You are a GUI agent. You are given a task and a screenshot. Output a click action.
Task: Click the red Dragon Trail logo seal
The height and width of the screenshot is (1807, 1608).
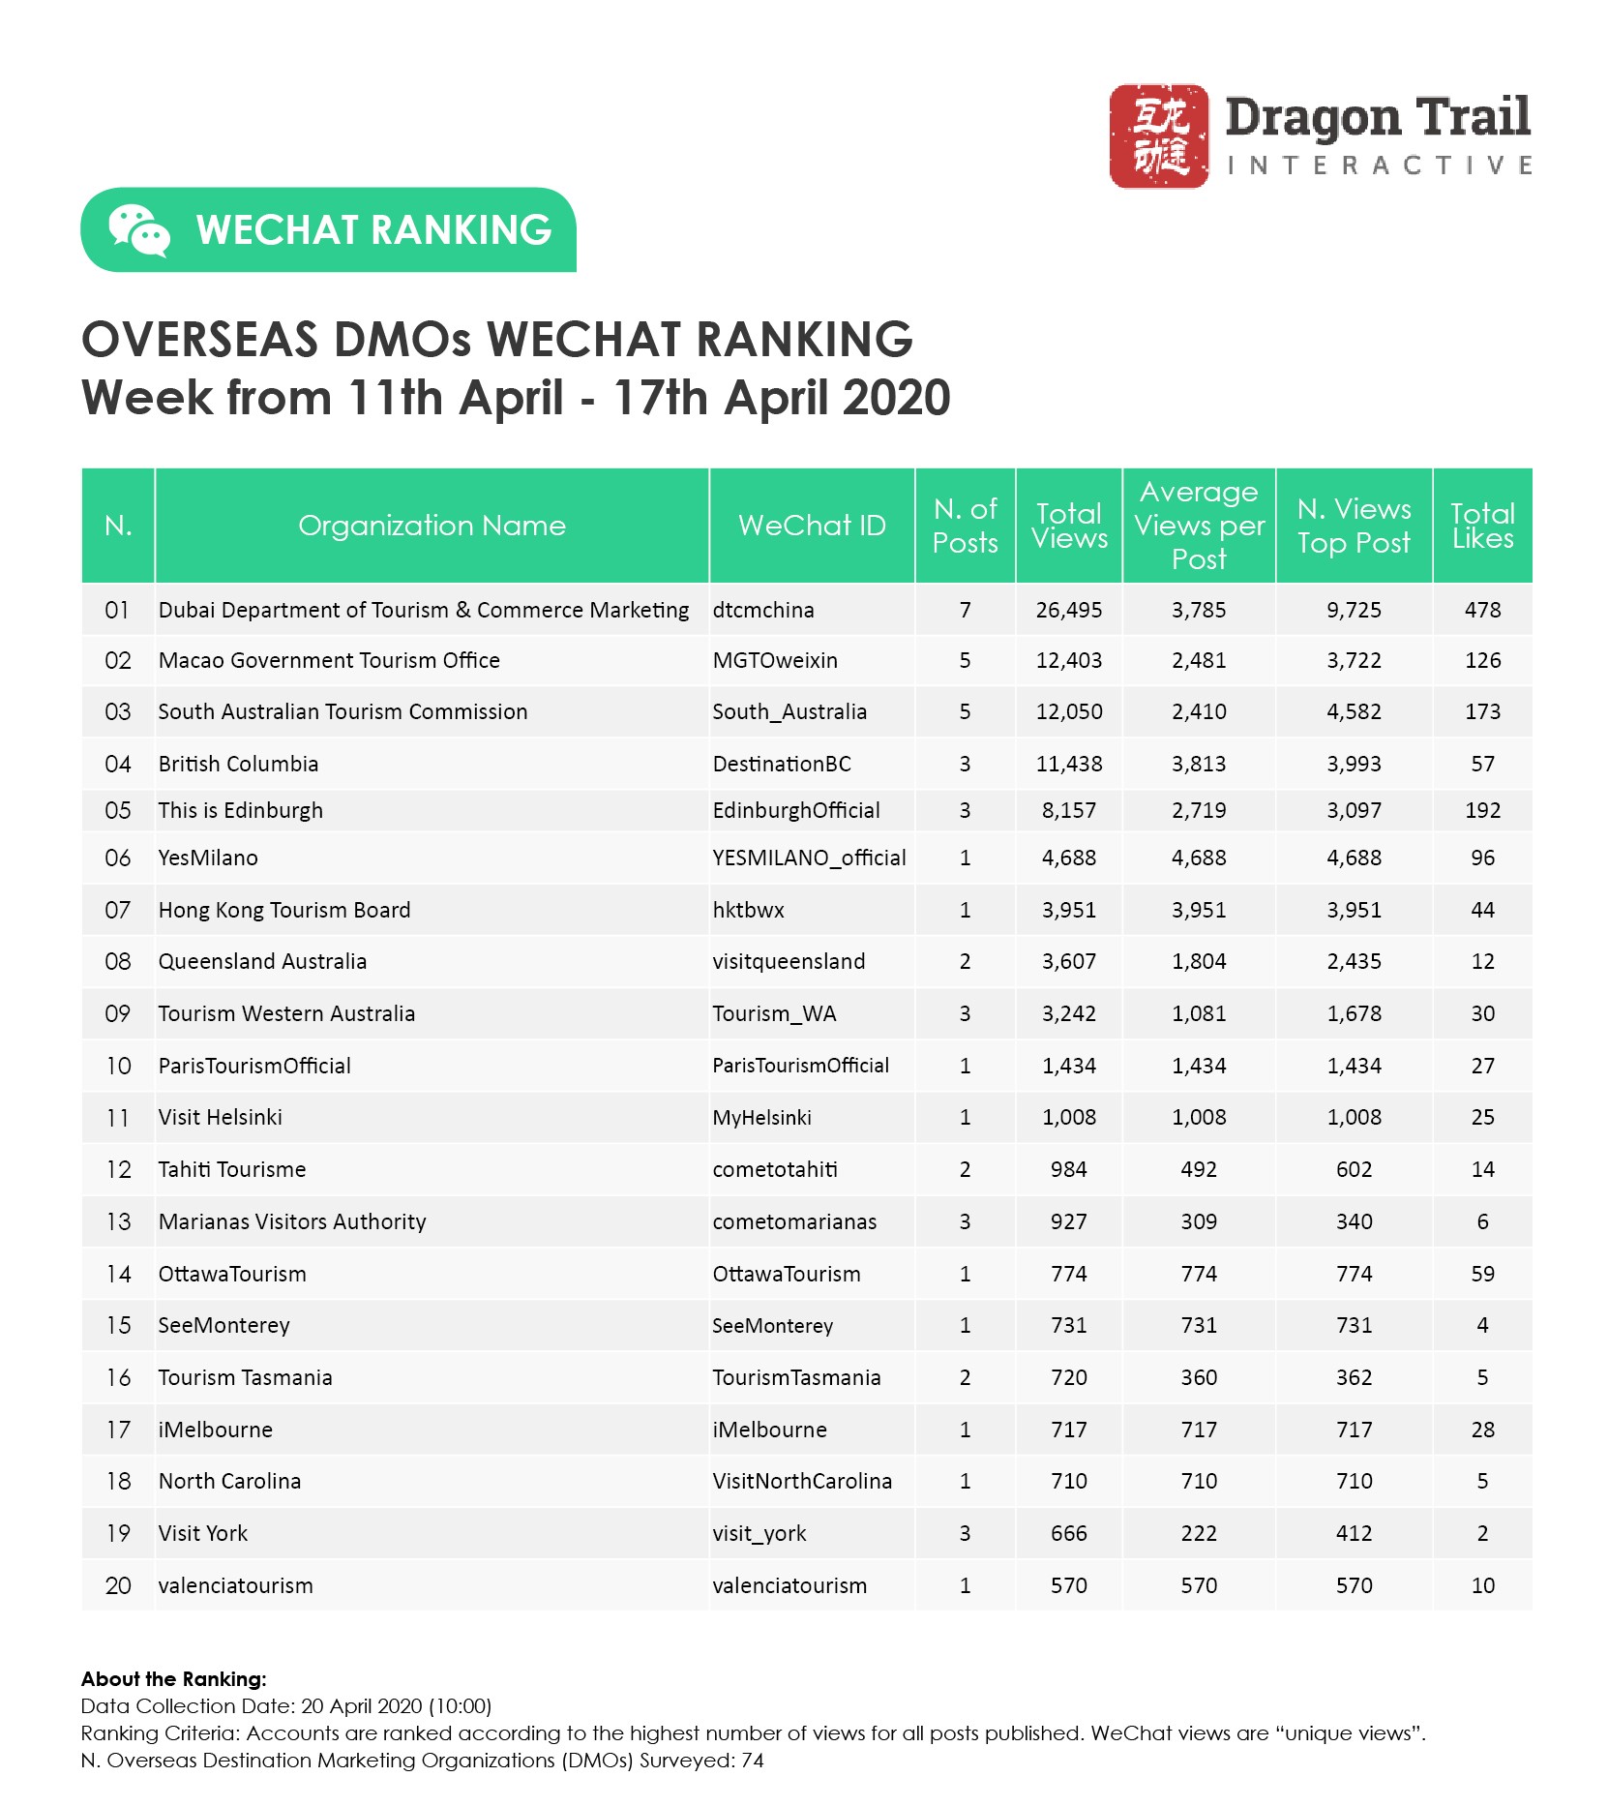coord(1158,136)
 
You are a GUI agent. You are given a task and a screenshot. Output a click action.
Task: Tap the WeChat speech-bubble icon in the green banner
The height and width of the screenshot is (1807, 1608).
coord(139,230)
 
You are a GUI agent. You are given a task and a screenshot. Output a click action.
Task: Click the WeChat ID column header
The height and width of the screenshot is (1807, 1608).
coord(812,526)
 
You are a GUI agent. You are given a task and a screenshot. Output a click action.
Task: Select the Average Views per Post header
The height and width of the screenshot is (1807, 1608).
coord(1199,526)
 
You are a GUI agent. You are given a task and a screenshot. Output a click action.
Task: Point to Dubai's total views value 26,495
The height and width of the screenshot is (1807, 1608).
coord(1068,610)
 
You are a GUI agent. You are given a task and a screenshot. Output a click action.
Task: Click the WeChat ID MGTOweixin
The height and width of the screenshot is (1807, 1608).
coord(775,660)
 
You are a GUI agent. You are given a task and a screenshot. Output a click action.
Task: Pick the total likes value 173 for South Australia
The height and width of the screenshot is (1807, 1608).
coord(1482,712)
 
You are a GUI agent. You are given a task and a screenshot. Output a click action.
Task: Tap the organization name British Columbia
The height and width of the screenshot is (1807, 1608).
coord(238,764)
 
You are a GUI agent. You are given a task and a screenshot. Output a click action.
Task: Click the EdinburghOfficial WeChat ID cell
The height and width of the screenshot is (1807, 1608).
coord(796,810)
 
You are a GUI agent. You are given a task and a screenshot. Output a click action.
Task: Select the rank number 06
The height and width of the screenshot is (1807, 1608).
coord(117,858)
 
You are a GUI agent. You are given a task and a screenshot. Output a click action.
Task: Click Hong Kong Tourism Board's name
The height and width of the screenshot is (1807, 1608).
coord(284,910)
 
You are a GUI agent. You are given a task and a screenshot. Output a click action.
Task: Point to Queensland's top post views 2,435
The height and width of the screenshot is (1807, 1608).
coord(1354,961)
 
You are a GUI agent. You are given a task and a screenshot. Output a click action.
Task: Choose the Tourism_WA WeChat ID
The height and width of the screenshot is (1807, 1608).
coord(774,1013)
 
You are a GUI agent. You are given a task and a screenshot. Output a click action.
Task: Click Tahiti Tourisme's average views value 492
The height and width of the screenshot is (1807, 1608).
coord(1199,1169)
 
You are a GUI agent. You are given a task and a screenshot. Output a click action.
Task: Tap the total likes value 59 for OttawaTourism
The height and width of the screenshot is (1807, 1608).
coord(1482,1274)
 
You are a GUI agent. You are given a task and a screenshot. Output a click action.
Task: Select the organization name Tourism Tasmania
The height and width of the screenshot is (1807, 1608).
coord(245,1377)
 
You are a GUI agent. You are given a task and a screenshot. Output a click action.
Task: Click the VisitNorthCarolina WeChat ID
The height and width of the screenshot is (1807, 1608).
coord(802,1481)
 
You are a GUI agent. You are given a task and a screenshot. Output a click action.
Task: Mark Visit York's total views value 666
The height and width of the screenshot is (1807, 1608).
coord(1068,1533)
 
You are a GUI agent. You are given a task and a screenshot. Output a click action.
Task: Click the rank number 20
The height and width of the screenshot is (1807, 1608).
coord(117,1585)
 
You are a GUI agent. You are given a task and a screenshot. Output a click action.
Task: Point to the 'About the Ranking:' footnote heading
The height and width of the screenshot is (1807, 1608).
coord(173,1679)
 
